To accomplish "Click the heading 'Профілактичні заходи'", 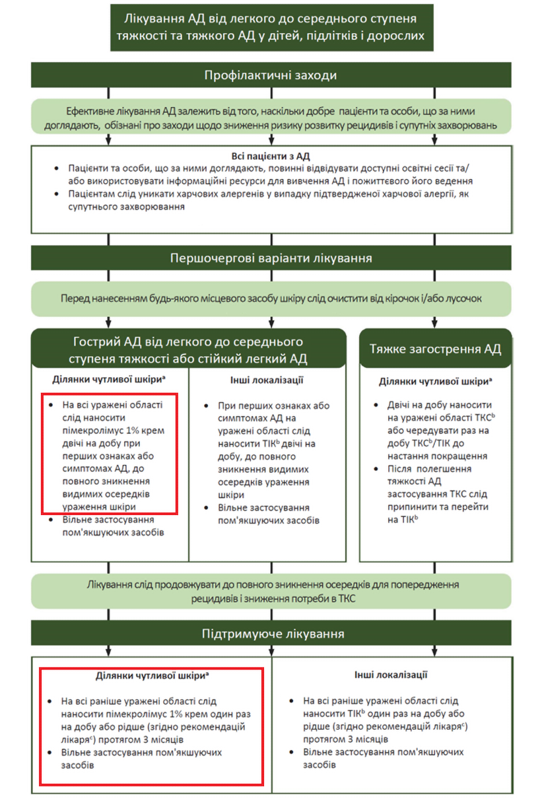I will [x=270, y=75].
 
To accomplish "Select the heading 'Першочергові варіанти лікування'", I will [x=270, y=258].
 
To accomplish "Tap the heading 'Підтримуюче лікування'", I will [x=270, y=635].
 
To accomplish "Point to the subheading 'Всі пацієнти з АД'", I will [x=270, y=157].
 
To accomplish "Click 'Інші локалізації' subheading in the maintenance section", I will [x=391, y=675].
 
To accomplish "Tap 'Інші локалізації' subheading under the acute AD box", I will [x=267, y=381].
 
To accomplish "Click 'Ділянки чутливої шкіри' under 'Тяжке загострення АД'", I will [x=435, y=382].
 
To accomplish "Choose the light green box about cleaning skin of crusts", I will [x=270, y=298].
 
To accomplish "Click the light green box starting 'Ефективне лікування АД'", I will [x=270, y=118].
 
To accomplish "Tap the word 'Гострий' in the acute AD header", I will [x=94, y=342].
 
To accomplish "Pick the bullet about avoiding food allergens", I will [x=264, y=200].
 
